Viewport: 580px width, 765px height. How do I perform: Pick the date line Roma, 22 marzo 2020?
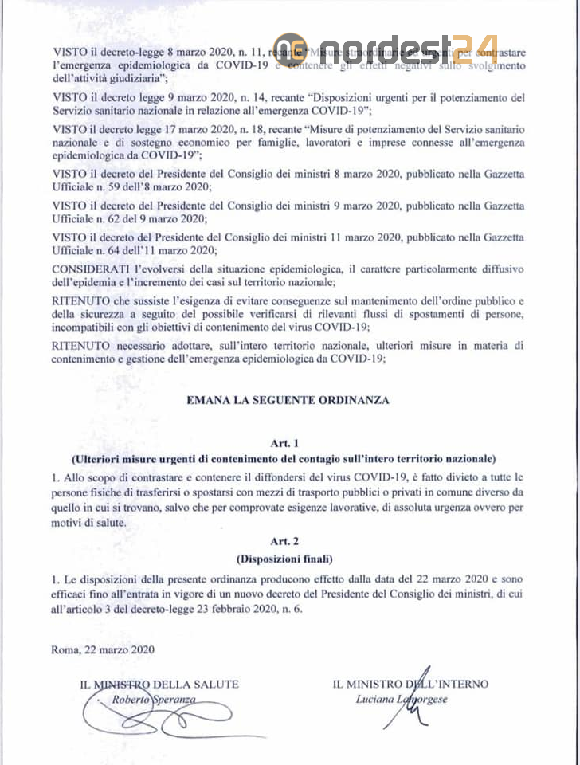click(102, 649)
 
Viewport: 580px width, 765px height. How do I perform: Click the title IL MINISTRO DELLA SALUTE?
click(159, 684)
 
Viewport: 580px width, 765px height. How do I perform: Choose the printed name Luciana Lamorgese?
click(402, 699)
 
